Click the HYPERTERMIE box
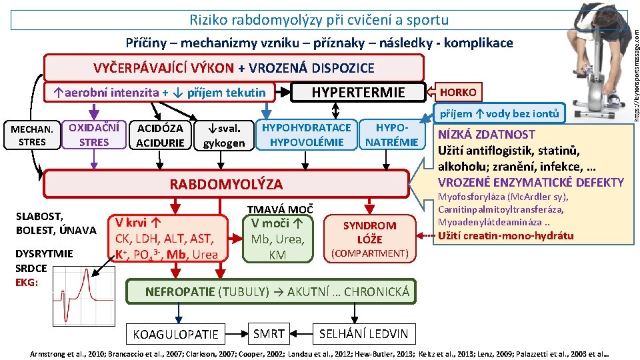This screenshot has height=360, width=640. pyautogui.click(x=358, y=92)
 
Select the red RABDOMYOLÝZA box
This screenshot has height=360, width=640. pyautogui.click(x=227, y=184)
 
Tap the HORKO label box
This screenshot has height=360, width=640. pyautogui.click(x=456, y=91)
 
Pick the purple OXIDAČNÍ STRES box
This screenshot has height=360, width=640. pyautogui.click(x=93, y=135)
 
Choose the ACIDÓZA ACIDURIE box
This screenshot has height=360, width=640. pyautogui.click(x=159, y=135)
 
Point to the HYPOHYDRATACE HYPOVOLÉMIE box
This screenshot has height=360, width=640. pyautogui.click(x=307, y=135)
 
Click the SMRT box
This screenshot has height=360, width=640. pyautogui.click(x=269, y=333)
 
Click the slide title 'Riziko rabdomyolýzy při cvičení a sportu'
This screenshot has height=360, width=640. pyautogui.click(x=319, y=20)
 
